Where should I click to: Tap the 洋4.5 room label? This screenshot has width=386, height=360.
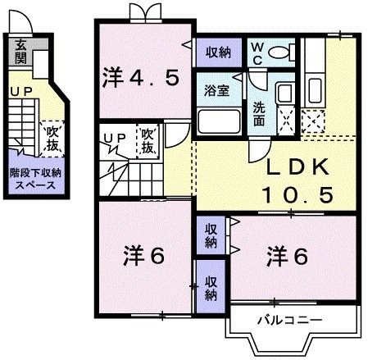coord(140,79)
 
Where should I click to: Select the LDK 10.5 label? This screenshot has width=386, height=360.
coord(297,181)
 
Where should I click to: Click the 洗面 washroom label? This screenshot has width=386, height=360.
coord(259,113)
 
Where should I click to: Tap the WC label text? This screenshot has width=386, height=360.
coord(257,53)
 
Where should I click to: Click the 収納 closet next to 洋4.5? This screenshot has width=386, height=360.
coord(217,52)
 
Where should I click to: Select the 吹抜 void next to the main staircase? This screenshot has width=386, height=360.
coord(148,141)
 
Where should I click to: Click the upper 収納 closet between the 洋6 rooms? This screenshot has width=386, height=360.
coord(211,235)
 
